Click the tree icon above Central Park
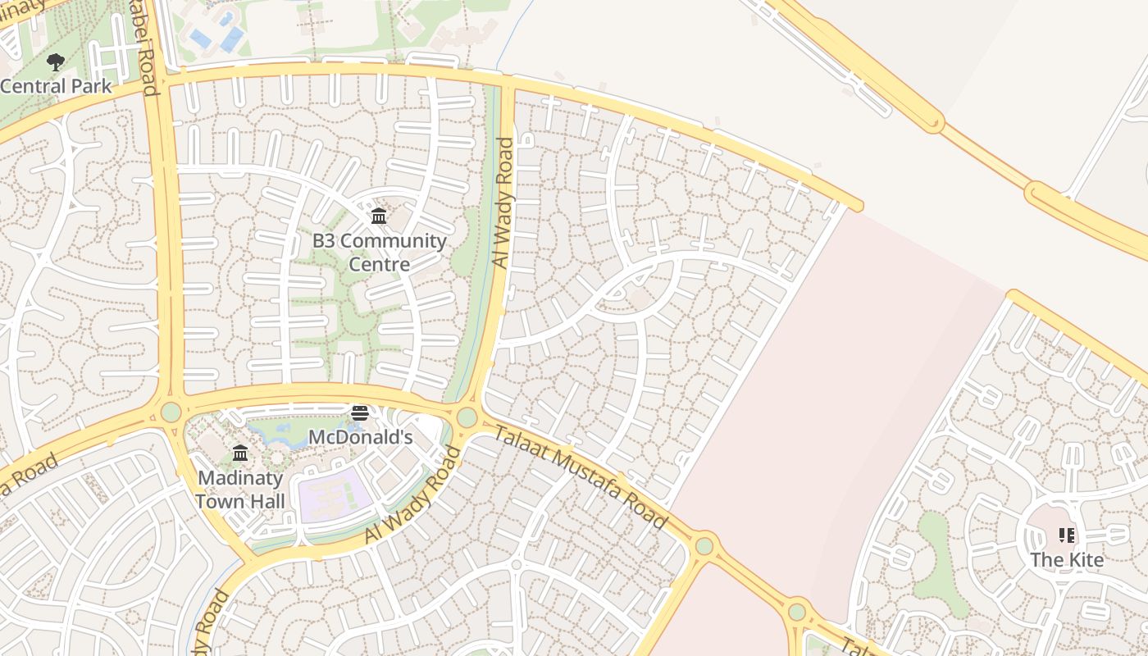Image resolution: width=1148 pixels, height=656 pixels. (x=56, y=61)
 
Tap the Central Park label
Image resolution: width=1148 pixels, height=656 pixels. (x=56, y=86)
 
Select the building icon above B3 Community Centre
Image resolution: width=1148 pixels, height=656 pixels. (x=379, y=216)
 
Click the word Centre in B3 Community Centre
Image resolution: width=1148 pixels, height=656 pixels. (x=379, y=264)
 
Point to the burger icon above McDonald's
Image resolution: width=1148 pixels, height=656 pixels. (x=359, y=412)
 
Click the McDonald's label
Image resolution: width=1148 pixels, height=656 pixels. (x=359, y=437)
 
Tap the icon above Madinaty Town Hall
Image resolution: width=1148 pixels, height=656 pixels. (x=240, y=453)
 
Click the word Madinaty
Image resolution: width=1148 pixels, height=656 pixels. (x=240, y=478)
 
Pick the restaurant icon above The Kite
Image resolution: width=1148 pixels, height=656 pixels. (x=1067, y=536)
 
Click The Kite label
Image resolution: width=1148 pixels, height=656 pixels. (x=1067, y=560)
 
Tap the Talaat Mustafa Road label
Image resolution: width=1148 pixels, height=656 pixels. (x=581, y=476)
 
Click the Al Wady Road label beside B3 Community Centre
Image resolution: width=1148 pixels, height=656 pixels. (x=503, y=202)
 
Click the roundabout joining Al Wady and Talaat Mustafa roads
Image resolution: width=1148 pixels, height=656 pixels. (x=467, y=417)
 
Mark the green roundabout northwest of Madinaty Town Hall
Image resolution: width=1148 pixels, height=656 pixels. (x=171, y=411)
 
